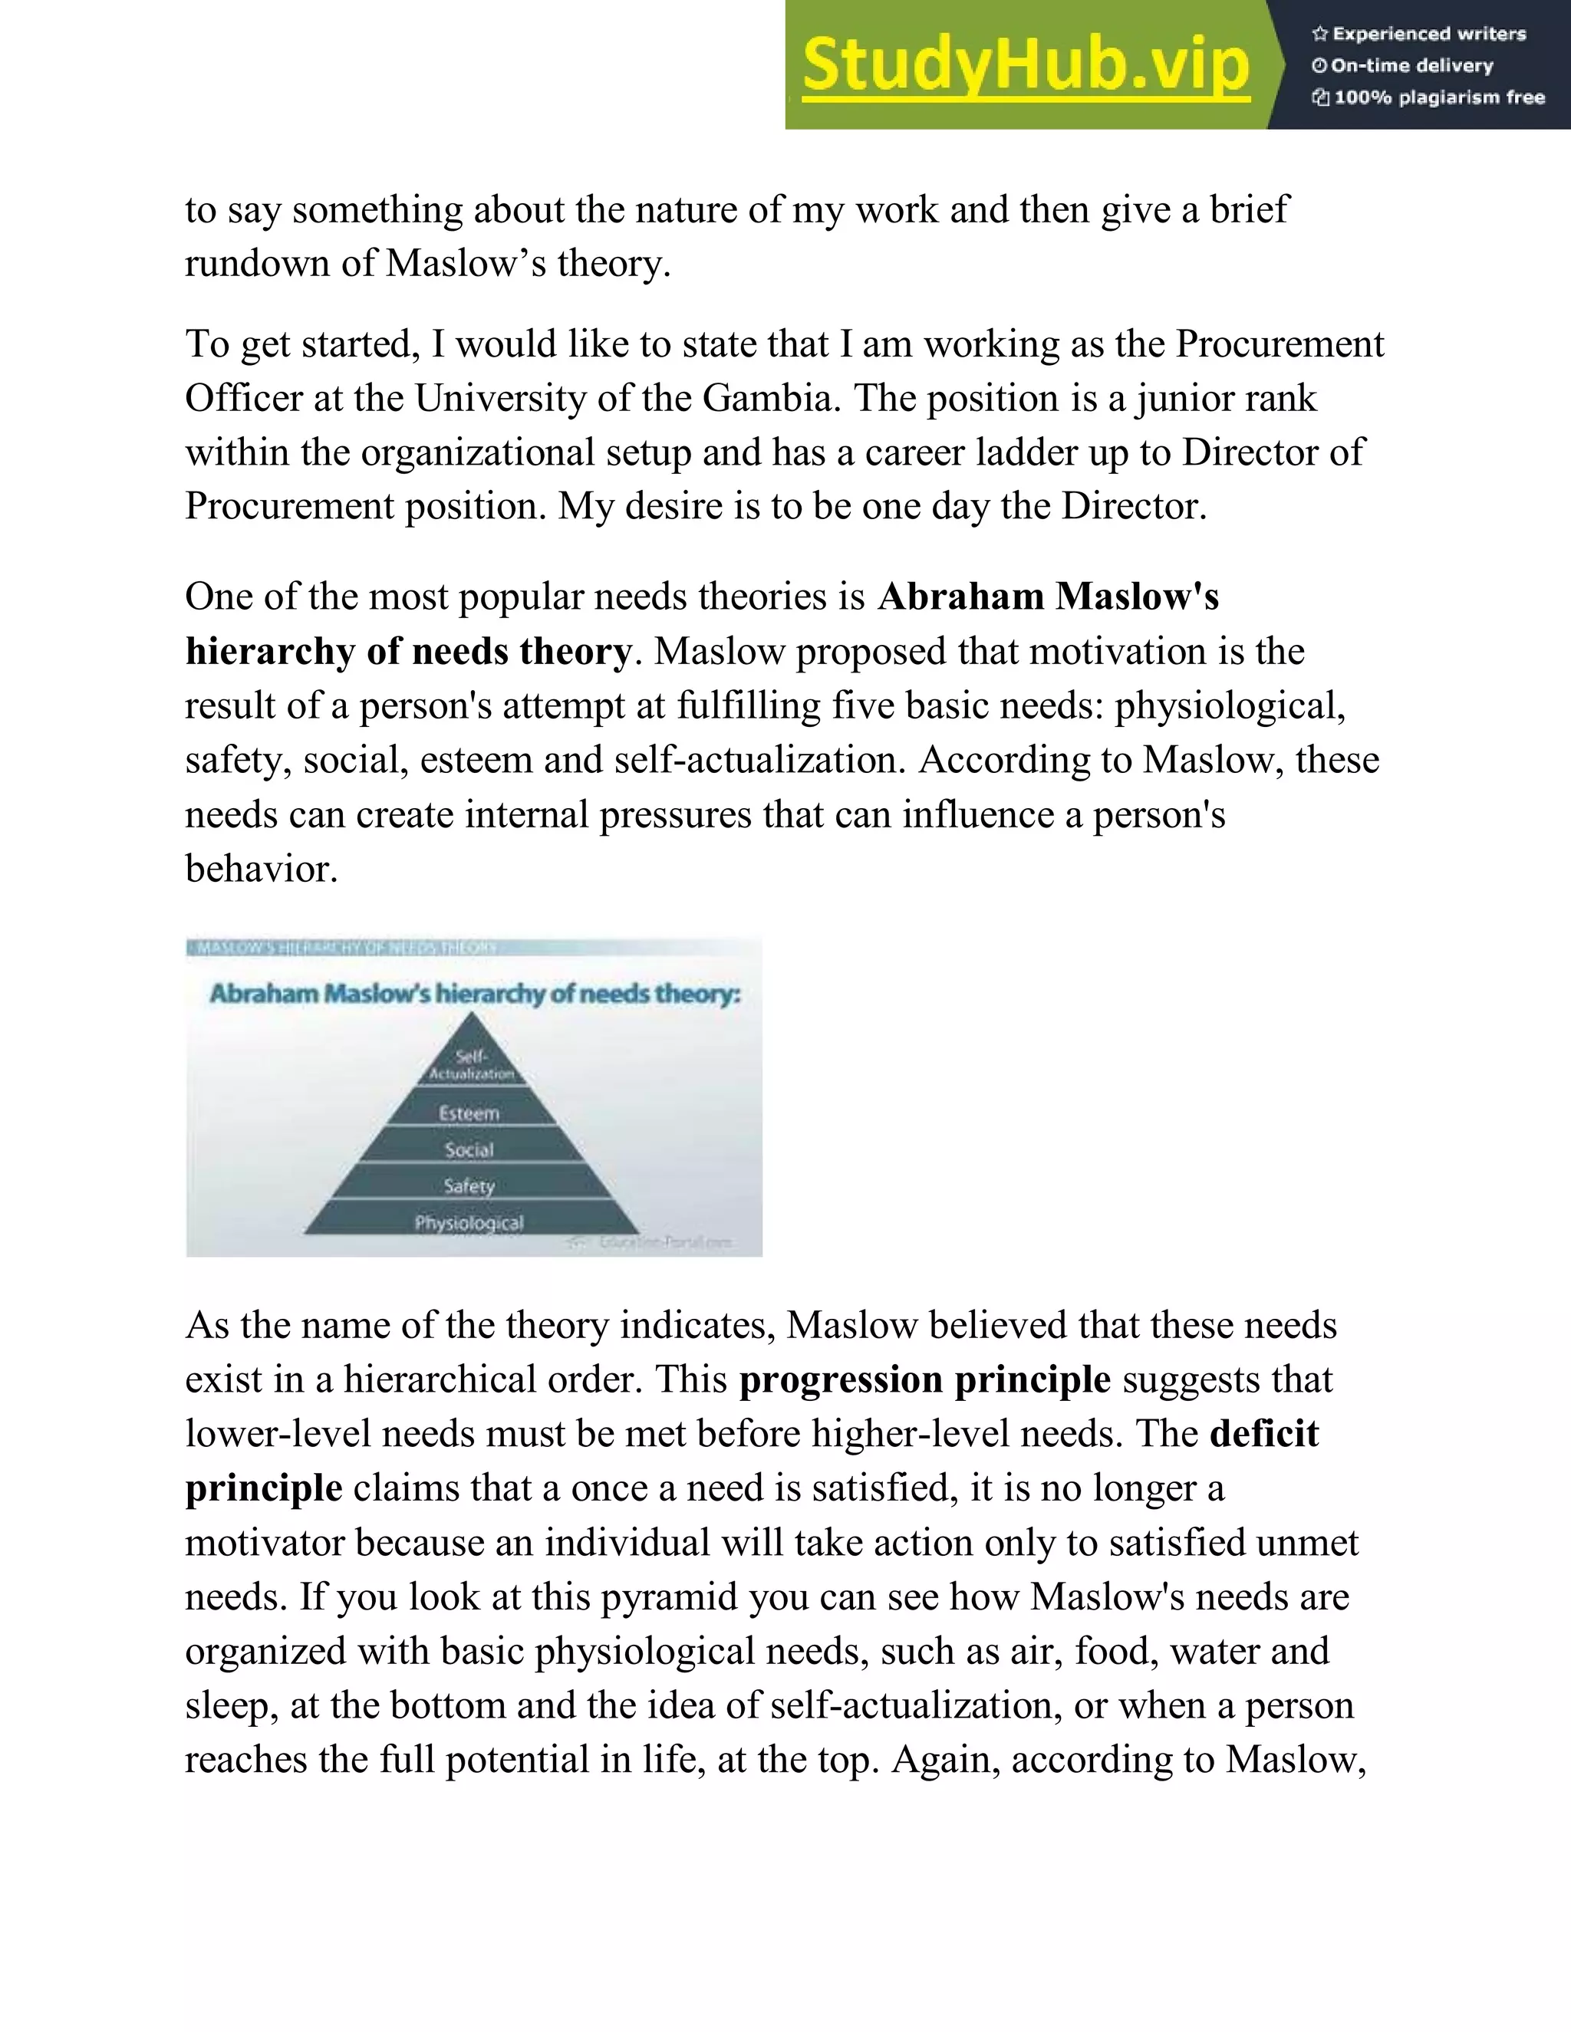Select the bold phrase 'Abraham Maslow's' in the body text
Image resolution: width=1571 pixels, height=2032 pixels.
pos(1048,597)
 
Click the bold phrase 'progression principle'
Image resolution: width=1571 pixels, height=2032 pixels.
pos(924,1379)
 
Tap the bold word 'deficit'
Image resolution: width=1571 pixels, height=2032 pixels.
pos(1264,1434)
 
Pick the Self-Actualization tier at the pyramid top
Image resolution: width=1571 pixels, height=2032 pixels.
pos(471,1065)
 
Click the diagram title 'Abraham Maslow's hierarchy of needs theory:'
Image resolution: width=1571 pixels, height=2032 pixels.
pos(475,994)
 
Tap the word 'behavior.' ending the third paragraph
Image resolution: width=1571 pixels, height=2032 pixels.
pos(261,870)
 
